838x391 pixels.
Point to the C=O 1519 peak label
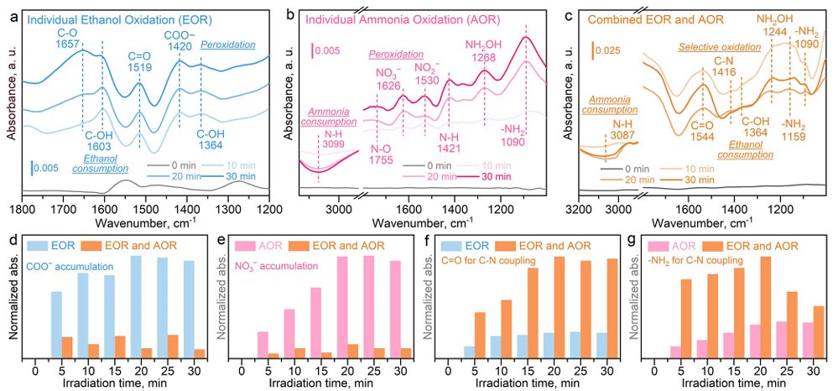click(x=139, y=64)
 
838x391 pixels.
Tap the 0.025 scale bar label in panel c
click(x=610, y=51)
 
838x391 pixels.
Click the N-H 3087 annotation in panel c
click(x=619, y=128)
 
